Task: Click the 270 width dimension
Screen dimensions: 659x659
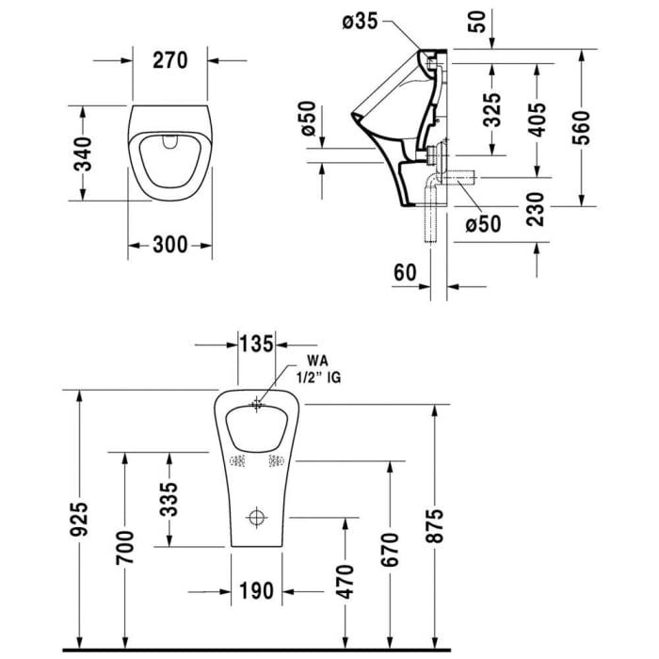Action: [x=170, y=59]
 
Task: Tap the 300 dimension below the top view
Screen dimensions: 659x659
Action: [x=169, y=245]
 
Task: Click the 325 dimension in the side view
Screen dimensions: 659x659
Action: [x=490, y=108]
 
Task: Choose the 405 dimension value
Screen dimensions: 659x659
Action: [x=537, y=120]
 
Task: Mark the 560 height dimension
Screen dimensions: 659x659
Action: [x=583, y=126]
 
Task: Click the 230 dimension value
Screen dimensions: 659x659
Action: [x=537, y=208]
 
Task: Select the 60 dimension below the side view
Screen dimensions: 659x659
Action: [x=404, y=272]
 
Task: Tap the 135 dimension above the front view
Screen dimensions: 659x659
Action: [x=254, y=344]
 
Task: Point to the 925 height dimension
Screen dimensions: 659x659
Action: [x=80, y=520]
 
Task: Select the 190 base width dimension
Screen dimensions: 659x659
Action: [x=255, y=591]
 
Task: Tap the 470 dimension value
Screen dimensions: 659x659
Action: [x=345, y=583]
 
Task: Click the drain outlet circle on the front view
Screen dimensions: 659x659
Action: [x=255, y=518]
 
